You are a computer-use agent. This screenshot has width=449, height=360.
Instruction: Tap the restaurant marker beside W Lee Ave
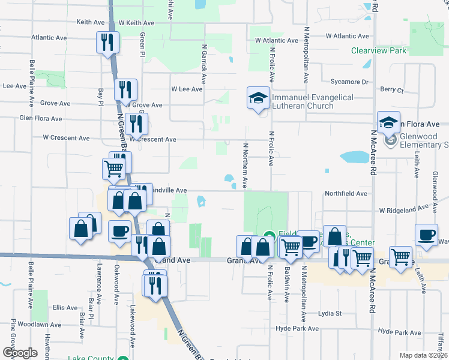[x=126, y=90]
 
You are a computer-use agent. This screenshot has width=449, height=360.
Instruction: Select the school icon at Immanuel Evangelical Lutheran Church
[x=258, y=98]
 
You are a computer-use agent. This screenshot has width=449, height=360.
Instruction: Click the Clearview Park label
[x=379, y=50]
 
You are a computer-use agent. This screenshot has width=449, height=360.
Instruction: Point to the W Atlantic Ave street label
[x=276, y=41]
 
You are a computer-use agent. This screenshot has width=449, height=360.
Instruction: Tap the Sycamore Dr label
[x=349, y=82]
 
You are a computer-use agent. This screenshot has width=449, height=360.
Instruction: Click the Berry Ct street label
[x=392, y=89]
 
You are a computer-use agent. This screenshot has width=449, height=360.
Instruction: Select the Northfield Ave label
[x=346, y=194]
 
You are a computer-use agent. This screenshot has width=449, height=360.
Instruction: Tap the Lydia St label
[x=330, y=313]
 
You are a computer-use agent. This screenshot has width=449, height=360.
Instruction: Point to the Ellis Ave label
[x=65, y=307]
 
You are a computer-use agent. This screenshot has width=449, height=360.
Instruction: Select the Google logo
[x=20, y=353]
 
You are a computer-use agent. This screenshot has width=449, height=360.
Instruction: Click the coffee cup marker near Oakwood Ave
[x=119, y=231]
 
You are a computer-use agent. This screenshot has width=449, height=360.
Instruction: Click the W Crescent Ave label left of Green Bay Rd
[x=66, y=137]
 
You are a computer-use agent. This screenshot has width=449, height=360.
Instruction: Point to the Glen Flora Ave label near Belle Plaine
[x=41, y=119]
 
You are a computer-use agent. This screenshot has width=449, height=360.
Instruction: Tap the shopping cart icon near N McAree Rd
[x=362, y=257]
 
